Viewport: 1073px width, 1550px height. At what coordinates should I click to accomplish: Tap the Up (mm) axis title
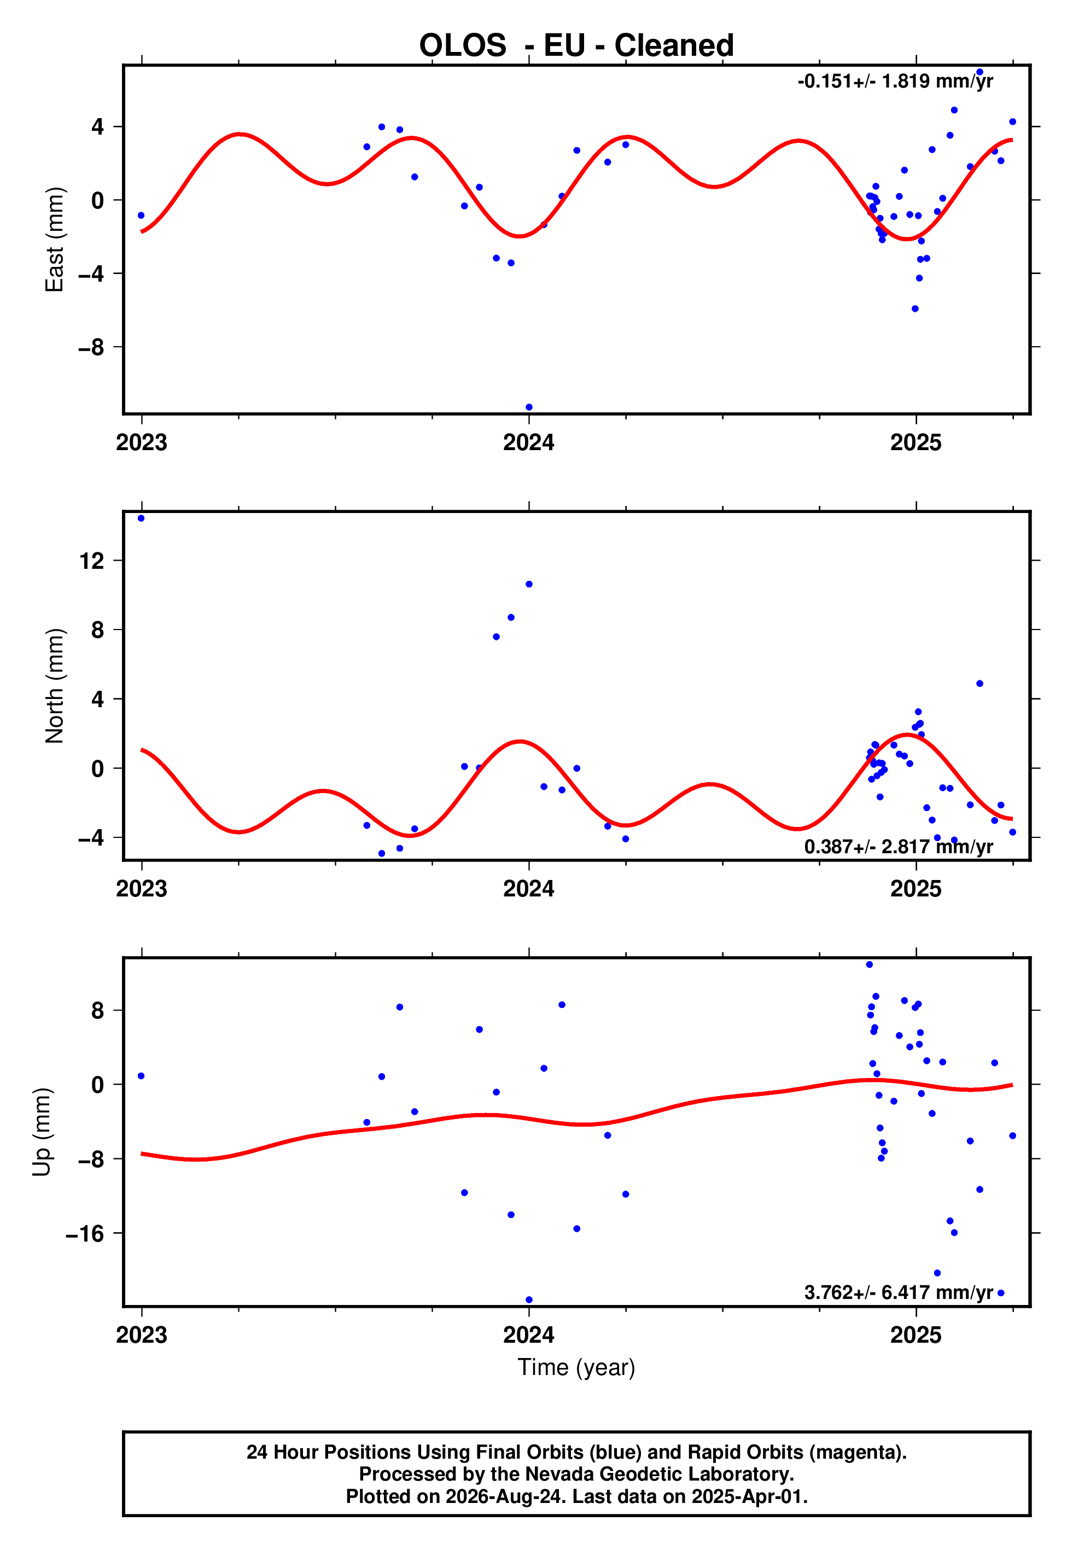(42, 1132)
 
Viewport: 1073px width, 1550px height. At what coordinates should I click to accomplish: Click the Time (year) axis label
(576, 1368)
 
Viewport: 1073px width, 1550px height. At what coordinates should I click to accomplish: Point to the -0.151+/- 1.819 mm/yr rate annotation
(895, 81)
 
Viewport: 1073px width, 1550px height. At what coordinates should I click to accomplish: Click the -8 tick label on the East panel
(91, 347)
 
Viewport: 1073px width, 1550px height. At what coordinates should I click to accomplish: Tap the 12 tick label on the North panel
(92, 561)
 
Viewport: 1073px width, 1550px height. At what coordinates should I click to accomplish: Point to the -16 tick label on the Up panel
(85, 1233)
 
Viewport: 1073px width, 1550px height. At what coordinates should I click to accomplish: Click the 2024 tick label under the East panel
(529, 442)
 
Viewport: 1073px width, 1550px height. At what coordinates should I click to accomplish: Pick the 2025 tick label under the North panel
(915, 889)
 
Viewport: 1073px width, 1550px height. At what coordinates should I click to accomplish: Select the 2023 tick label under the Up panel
(142, 1335)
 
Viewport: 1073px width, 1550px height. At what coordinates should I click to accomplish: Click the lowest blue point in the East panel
(529, 407)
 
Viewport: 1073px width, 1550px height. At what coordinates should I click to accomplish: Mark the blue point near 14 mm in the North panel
(141, 518)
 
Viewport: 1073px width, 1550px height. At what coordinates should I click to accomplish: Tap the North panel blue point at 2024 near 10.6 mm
(529, 584)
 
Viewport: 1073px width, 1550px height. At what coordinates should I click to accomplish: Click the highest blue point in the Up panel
(870, 965)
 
